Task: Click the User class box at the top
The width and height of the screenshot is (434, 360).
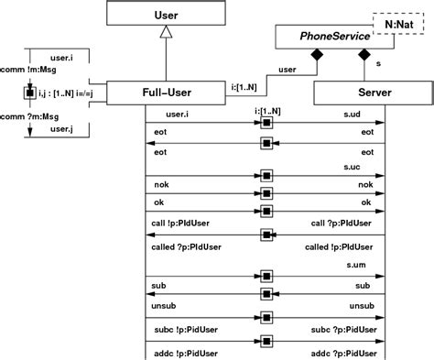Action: click(x=165, y=14)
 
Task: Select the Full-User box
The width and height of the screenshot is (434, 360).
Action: click(x=165, y=92)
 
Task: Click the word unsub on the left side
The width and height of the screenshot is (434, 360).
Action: click(x=163, y=306)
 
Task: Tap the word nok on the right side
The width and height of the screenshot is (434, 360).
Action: click(x=366, y=184)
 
